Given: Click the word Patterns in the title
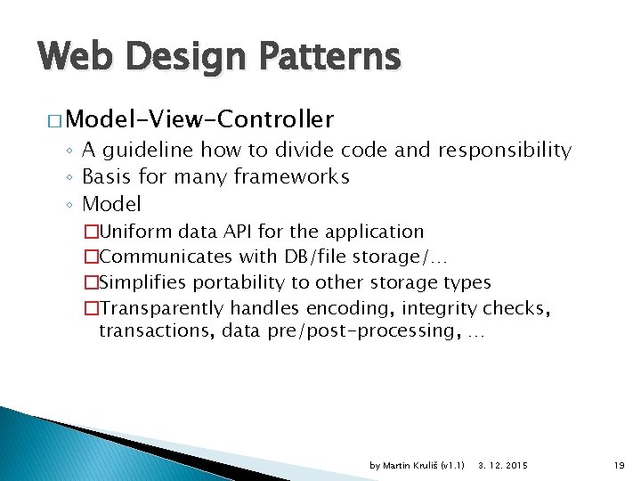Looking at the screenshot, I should (329, 57).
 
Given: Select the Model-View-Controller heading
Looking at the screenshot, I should (199, 118).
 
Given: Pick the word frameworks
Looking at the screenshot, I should (292, 177).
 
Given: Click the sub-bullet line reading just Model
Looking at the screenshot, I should (111, 204).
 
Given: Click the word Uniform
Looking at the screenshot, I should (136, 232).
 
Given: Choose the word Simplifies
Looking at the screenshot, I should (142, 282).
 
